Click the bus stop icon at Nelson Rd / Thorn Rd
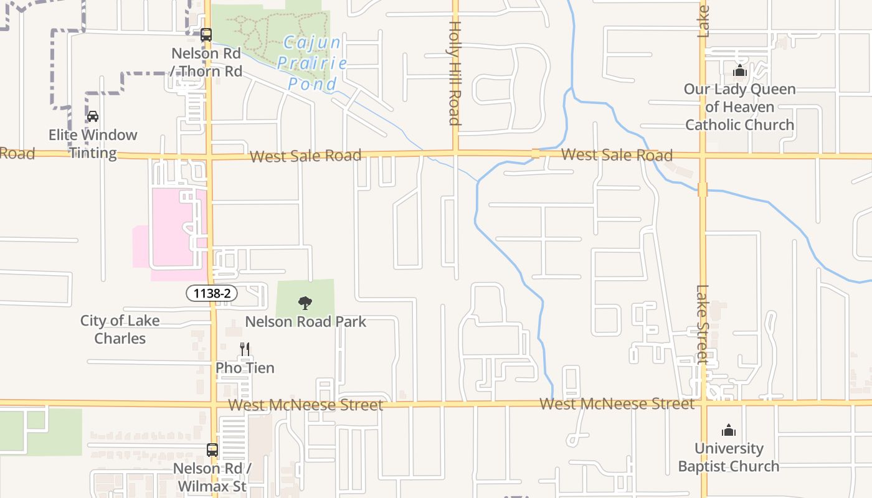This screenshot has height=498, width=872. pyautogui.click(x=206, y=35)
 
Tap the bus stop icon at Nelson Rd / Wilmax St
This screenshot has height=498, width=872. pyautogui.click(x=212, y=450)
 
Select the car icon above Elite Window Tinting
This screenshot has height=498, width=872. pyautogui.click(x=93, y=116)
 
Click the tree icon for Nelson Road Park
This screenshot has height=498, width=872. pyautogui.click(x=305, y=303)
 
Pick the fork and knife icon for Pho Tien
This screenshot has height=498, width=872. pyautogui.click(x=245, y=349)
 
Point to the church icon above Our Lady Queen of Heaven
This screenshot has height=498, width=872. pyautogui.click(x=740, y=70)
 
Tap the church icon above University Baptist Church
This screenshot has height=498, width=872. pyautogui.click(x=729, y=430)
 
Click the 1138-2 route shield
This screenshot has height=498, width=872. pyautogui.click(x=212, y=293)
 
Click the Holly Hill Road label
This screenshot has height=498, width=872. pyautogui.click(x=454, y=73)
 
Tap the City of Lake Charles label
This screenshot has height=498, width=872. pyautogui.click(x=120, y=329)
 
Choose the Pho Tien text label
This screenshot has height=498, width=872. pyautogui.click(x=245, y=368)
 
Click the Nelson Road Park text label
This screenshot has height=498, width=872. pyautogui.click(x=305, y=322)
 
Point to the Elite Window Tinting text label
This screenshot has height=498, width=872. pyautogui.click(x=93, y=144)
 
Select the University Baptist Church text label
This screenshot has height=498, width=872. pyautogui.click(x=729, y=457)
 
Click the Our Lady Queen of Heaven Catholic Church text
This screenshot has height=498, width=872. pyautogui.click(x=740, y=107)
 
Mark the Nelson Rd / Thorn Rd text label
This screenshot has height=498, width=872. pyautogui.click(x=207, y=62)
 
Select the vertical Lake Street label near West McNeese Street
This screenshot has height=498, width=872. pyautogui.click(x=703, y=324)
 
